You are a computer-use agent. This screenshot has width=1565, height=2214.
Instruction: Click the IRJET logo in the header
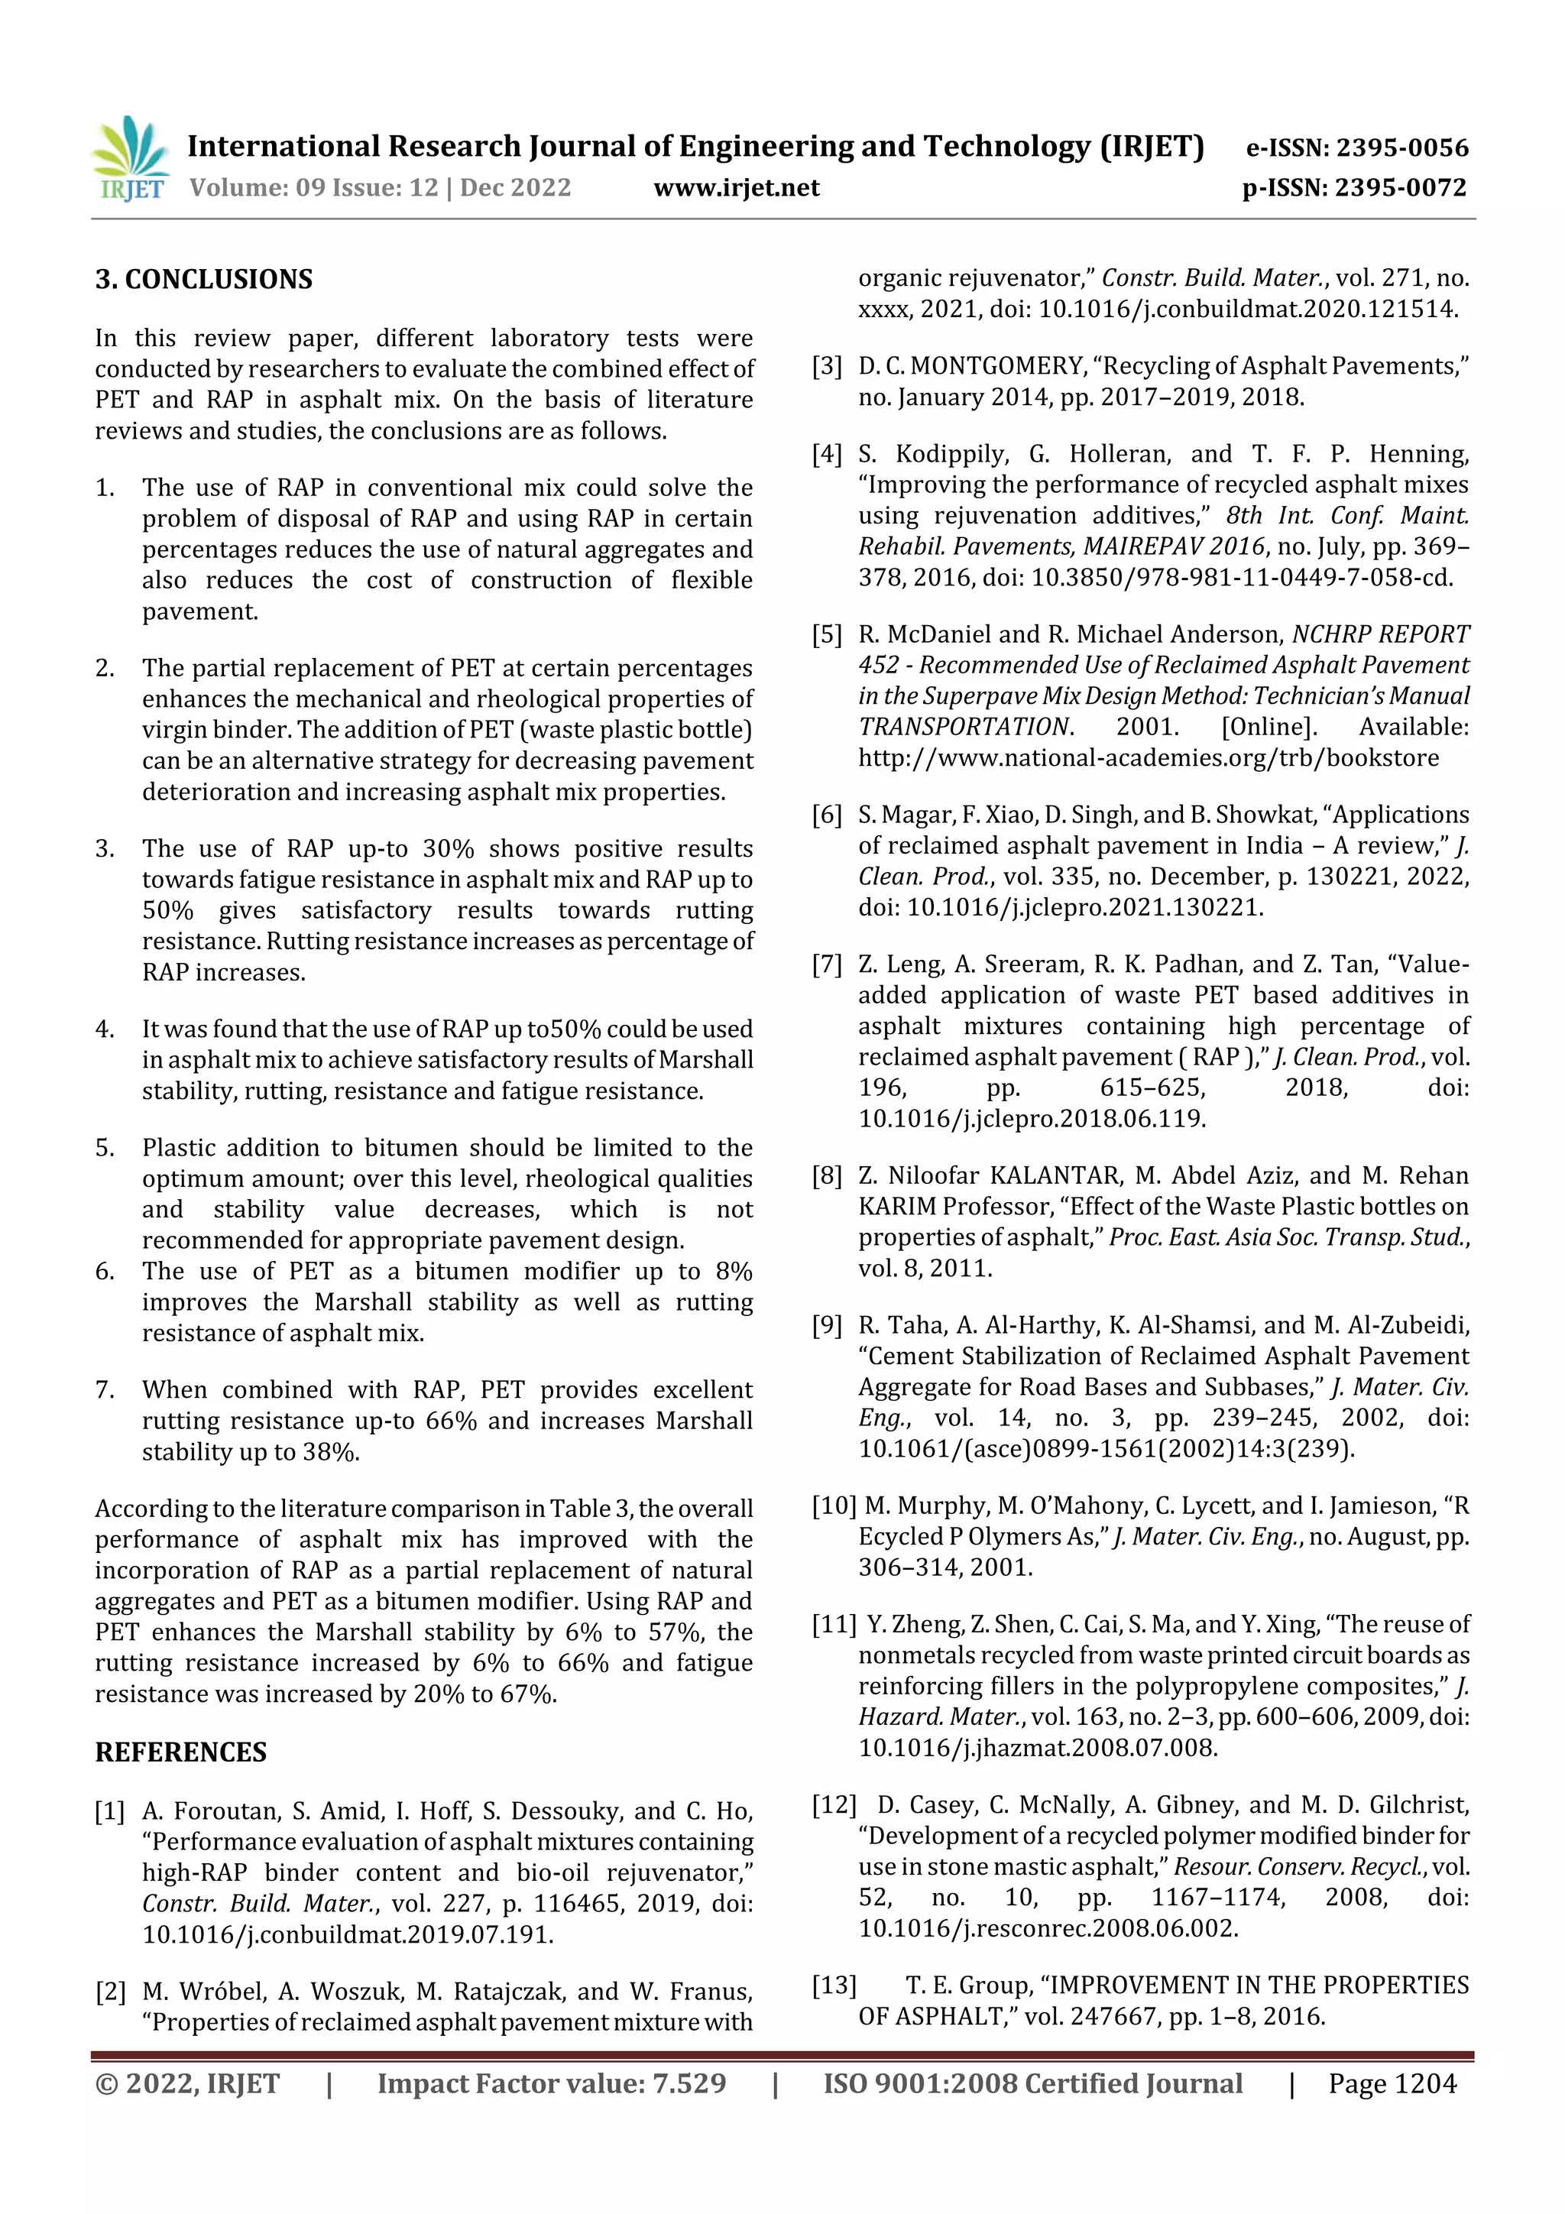[132, 158]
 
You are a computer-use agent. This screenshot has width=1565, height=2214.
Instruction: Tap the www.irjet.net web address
[736, 188]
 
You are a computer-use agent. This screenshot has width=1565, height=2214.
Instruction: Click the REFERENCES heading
[180, 1752]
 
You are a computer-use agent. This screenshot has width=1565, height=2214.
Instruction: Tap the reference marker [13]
[834, 1985]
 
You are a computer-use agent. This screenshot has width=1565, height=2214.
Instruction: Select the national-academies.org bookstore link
[1148, 758]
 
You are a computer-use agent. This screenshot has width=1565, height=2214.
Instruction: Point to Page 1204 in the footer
[1392, 2084]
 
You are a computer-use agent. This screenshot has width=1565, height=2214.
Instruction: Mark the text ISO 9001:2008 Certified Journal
[1032, 2084]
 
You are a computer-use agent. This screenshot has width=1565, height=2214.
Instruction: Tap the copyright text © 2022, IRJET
[187, 2084]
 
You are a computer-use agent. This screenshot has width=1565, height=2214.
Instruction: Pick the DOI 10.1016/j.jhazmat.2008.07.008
[1038, 1747]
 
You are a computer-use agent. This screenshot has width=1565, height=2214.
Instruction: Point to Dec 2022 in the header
[515, 188]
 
